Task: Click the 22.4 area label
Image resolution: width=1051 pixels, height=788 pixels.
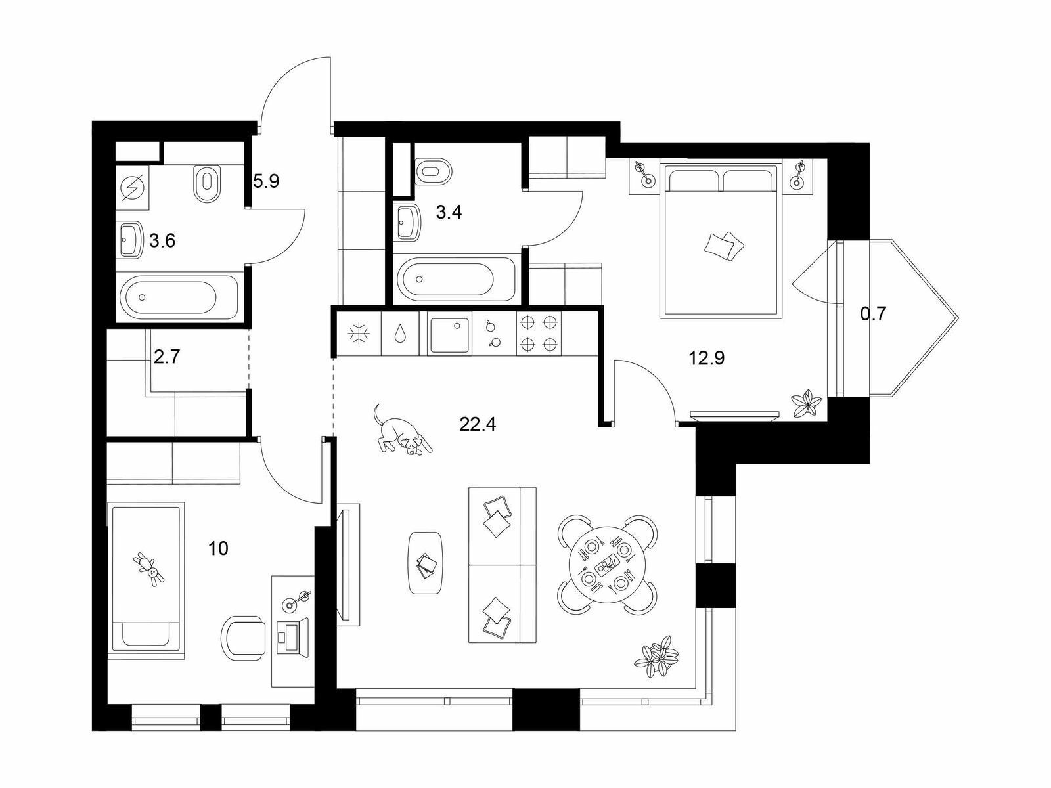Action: click(x=478, y=424)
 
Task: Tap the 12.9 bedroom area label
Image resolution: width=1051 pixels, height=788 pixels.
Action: click(x=706, y=357)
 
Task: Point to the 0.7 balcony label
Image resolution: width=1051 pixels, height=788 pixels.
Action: click(x=874, y=314)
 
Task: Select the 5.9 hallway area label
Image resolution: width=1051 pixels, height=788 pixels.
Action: click(x=266, y=181)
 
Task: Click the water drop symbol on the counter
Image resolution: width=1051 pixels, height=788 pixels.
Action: click(x=399, y=334)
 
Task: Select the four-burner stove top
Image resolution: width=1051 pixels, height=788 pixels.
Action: click(x=539, y=333)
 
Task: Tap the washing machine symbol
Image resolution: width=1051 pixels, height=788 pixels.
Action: click(x=133, y=188)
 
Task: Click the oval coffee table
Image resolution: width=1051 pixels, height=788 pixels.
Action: click(x=425, y=563)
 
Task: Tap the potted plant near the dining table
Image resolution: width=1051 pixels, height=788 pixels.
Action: click(x=657, y=657)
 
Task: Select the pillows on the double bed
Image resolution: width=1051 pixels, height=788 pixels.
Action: click(x=724, y=246)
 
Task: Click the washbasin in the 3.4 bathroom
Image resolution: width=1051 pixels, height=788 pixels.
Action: click(x=408, y=223)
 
